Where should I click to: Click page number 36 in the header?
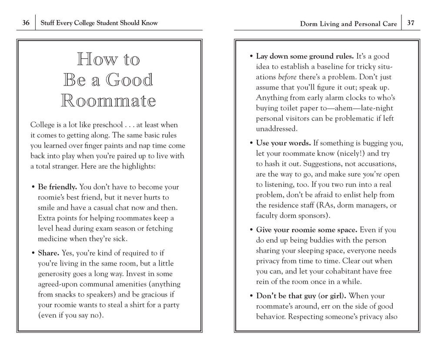click(x=26, y=23)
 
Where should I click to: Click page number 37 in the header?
click(x=410, y=23)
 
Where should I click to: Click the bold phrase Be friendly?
click(x=57, y=187)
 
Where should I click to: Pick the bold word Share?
click(x=48, y=253)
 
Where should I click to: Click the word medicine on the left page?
click(x=55, y=238)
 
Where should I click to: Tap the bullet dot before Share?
click(x=33, y=253)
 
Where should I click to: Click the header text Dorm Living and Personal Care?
click(x=348, y=24)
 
